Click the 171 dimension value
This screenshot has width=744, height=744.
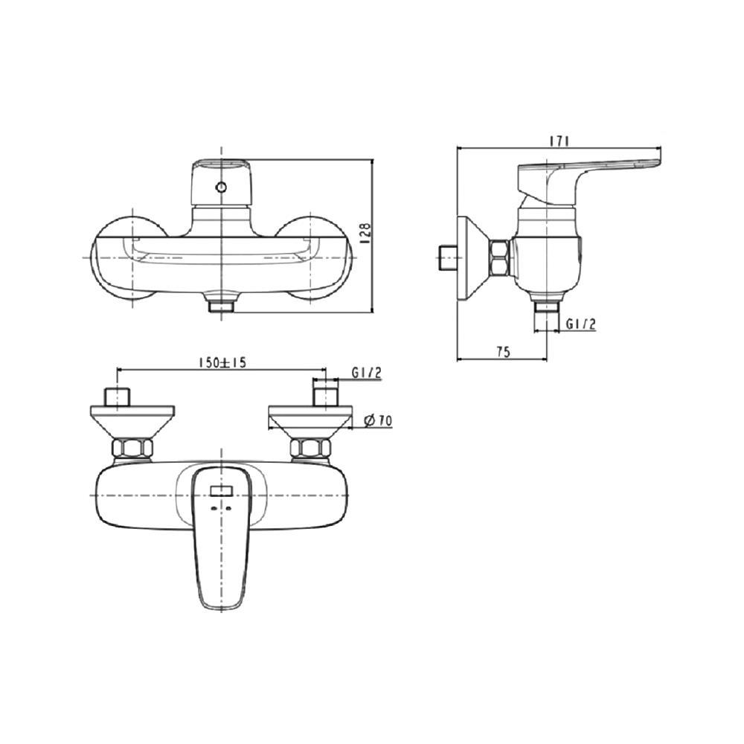point(559,141)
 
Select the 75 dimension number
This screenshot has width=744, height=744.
point(503,353)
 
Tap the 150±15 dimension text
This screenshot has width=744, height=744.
point(222,362)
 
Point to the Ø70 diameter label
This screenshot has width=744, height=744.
point(379,421)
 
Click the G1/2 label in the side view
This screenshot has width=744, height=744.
point(580,324)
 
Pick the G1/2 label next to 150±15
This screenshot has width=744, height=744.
point(367,373)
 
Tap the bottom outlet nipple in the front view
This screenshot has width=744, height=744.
point(221,305)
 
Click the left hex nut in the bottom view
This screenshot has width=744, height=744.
point(132,449)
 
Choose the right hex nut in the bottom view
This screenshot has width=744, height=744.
point(310,449)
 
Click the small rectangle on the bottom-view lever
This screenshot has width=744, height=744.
point(221,490)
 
